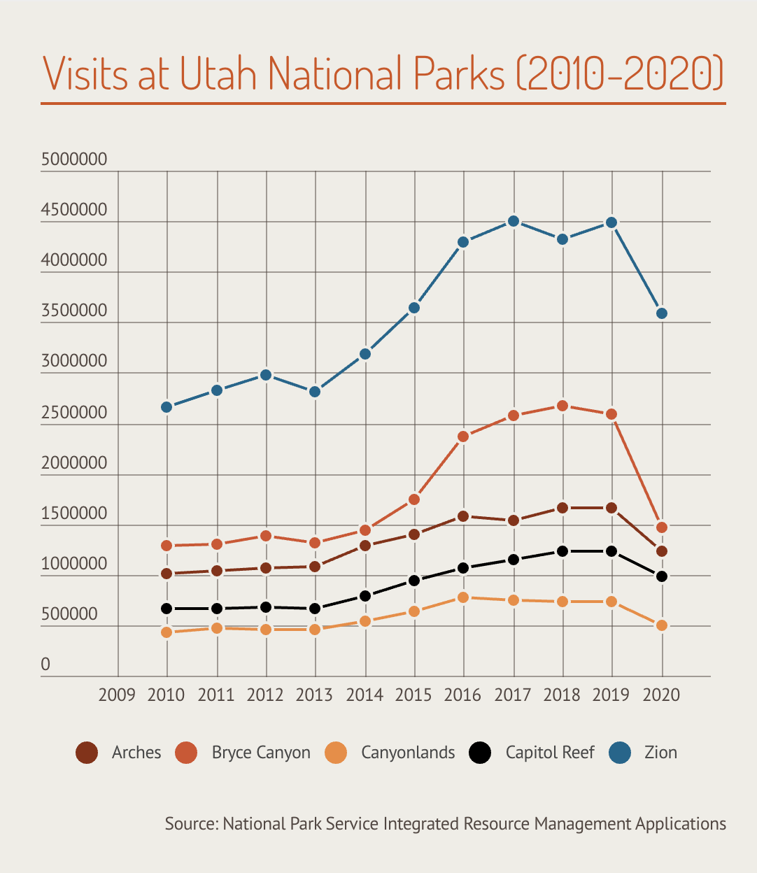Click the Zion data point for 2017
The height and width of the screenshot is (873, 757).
[513, 221]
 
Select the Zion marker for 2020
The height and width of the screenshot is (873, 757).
[661, 313]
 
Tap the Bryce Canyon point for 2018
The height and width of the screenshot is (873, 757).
[562, 406]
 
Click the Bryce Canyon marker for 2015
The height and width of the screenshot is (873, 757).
[414, 499]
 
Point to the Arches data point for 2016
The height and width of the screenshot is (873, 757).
[463, 516]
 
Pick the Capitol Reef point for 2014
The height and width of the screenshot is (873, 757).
[365, 596]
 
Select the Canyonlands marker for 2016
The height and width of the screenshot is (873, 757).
[463, 597]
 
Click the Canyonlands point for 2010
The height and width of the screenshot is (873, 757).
[167, 632]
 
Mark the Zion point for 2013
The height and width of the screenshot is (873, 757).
[315, 392]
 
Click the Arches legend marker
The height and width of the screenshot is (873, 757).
[87, 753]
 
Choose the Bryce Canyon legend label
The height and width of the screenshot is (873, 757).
[261, 753]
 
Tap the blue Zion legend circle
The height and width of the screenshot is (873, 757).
[620, 753]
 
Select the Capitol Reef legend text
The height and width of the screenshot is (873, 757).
[549, 753]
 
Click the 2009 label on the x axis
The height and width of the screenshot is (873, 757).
[117, 695]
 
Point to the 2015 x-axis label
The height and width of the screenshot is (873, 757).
[413, 695]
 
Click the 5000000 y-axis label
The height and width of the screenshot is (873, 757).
[74, 159]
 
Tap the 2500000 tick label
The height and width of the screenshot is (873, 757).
[74, 413]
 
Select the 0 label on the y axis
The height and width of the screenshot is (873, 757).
[45, 665]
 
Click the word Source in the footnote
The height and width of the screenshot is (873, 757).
[191, 823]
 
